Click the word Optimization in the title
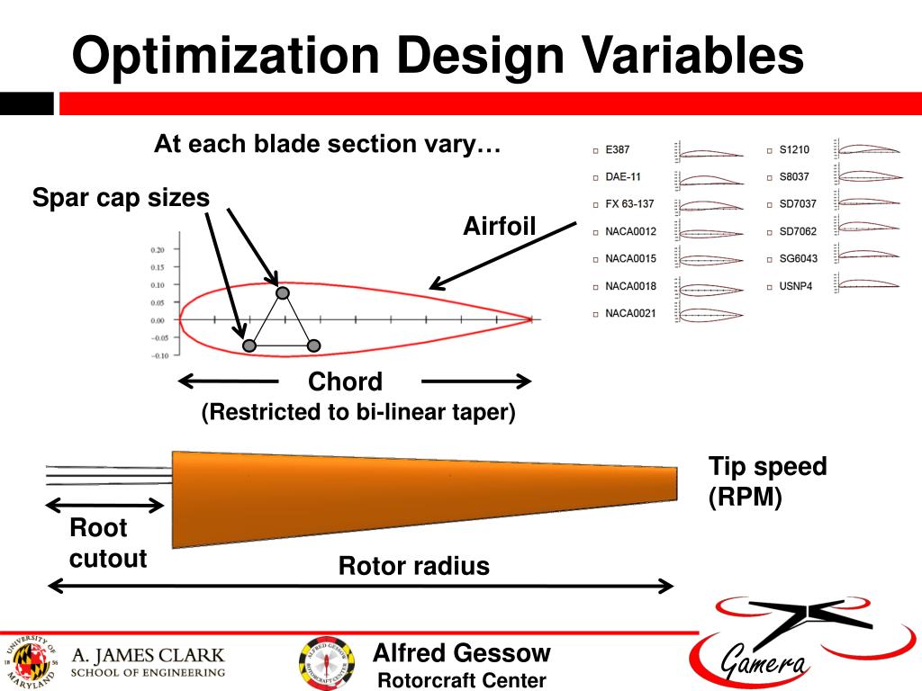[225, 56]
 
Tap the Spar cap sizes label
[121, 197]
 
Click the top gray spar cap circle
[283, 292]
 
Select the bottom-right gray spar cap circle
[313, 345]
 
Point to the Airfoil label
[499, 226]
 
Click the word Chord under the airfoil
[345, 381]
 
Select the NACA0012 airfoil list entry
[630, 231]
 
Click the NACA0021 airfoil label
[630, 313]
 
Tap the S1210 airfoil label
[794, 149]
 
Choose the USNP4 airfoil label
[796, 286]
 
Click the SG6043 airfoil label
[798, 259]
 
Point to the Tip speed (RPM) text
[766, 481]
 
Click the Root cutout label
[107, 543]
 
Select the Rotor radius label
[413, 566]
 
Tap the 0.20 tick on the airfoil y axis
[158, 249]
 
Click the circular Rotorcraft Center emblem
[326, 664]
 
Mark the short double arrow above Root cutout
[104, 505]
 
